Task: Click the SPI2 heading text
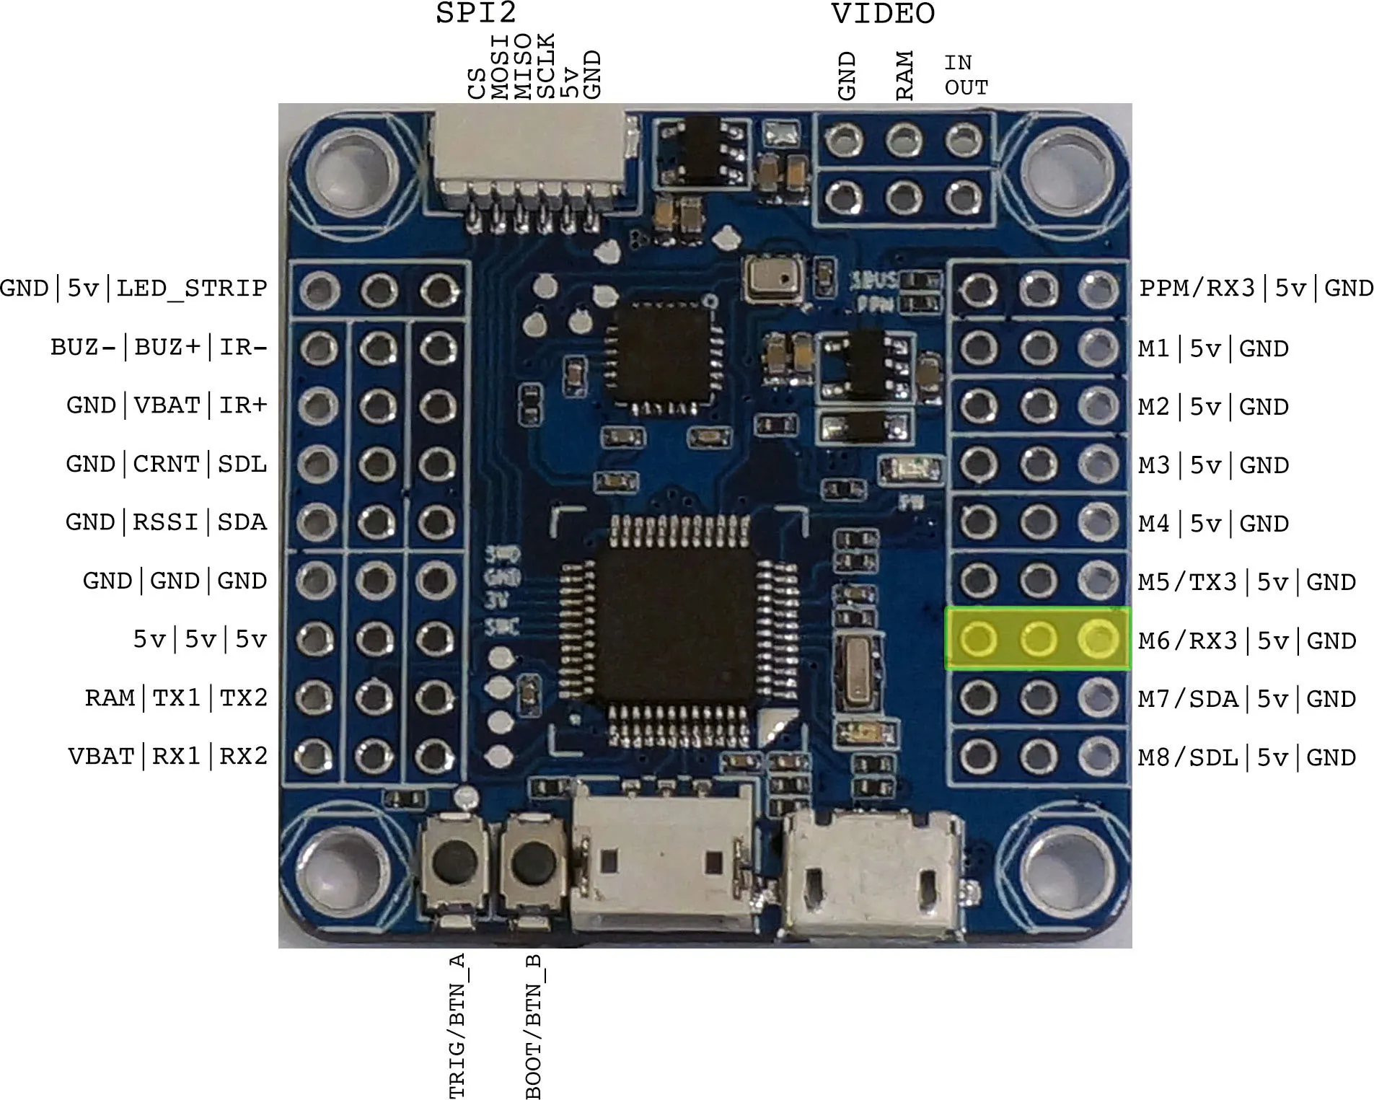pyautogui.click(x=476, y=13)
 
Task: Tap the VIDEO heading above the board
pyautogui.click(x=882, y=14)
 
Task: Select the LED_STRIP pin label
pyautogui.click(x=192, y=289)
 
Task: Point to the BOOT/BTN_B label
pyautogui.click(x=534, y=1025)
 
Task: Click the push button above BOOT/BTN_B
pyautogui.click(x=532, y=863)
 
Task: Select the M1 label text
pyautogui.click(x=1153, y=349)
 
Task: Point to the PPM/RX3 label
pyautogui.click(x=1197, y=289)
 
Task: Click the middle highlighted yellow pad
pyautogui.click(x=1038, y=639)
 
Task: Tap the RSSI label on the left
pyautogui.click(x=165, y=522)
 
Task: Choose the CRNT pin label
pyautogui.click(x=166, y=464)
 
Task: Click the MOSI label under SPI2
pyautogui.click(x=500, y=66)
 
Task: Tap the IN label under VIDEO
pyautogui.click(x=958, y=63)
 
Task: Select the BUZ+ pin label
pyautogui.click(x=167, y=347)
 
